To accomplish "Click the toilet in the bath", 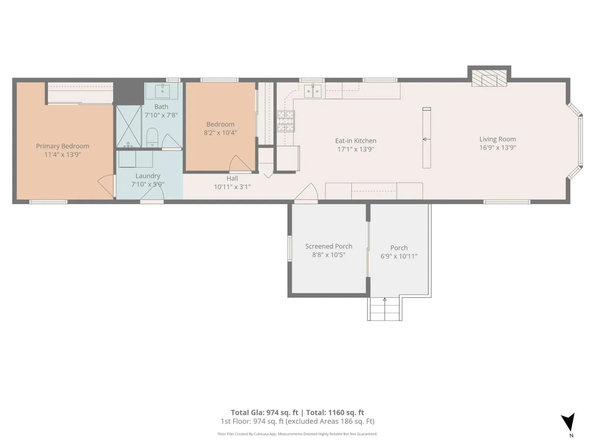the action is [x=152, y=138].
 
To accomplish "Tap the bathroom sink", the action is [x=163, y=90].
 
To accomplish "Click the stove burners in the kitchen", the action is [x=286, y=121].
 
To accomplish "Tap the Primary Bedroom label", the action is [x=62, y=146].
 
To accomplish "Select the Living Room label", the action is [x=498, y=139].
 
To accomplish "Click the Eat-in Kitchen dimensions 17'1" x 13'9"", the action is [x=356, y=149].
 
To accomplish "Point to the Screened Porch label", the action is [x=328, y=246].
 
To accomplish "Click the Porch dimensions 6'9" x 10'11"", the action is [x=399, y=256].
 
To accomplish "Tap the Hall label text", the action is [x=232, y=178].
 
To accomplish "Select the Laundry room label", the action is [x=148, y=176].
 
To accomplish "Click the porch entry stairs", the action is [x=385, y=309].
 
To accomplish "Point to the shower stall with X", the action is [x=129, y=126].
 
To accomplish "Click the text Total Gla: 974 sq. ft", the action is [x=264, y=413].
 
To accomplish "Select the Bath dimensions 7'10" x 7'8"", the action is [x=161, y=115].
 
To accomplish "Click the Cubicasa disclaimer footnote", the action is [x=297, y=434].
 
